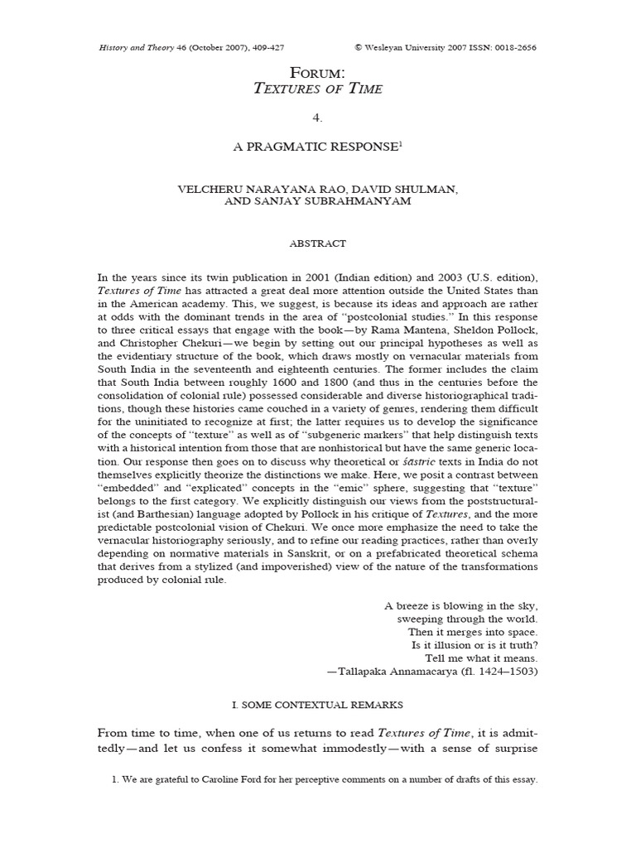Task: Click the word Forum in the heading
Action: (317, 73)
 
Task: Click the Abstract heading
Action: (317, 244)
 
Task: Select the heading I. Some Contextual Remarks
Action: (317, 705)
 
